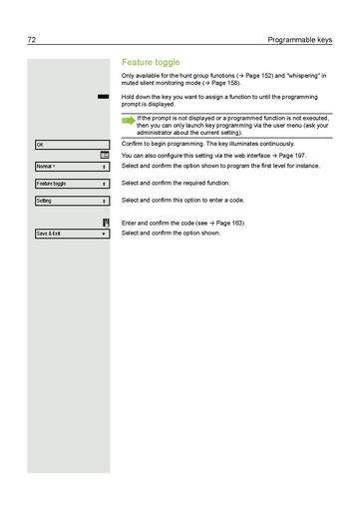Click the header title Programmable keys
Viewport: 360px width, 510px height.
pyautogui.click(x=298, y=40)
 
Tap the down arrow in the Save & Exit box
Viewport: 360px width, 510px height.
pyautogui.click(x=104, y=234)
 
